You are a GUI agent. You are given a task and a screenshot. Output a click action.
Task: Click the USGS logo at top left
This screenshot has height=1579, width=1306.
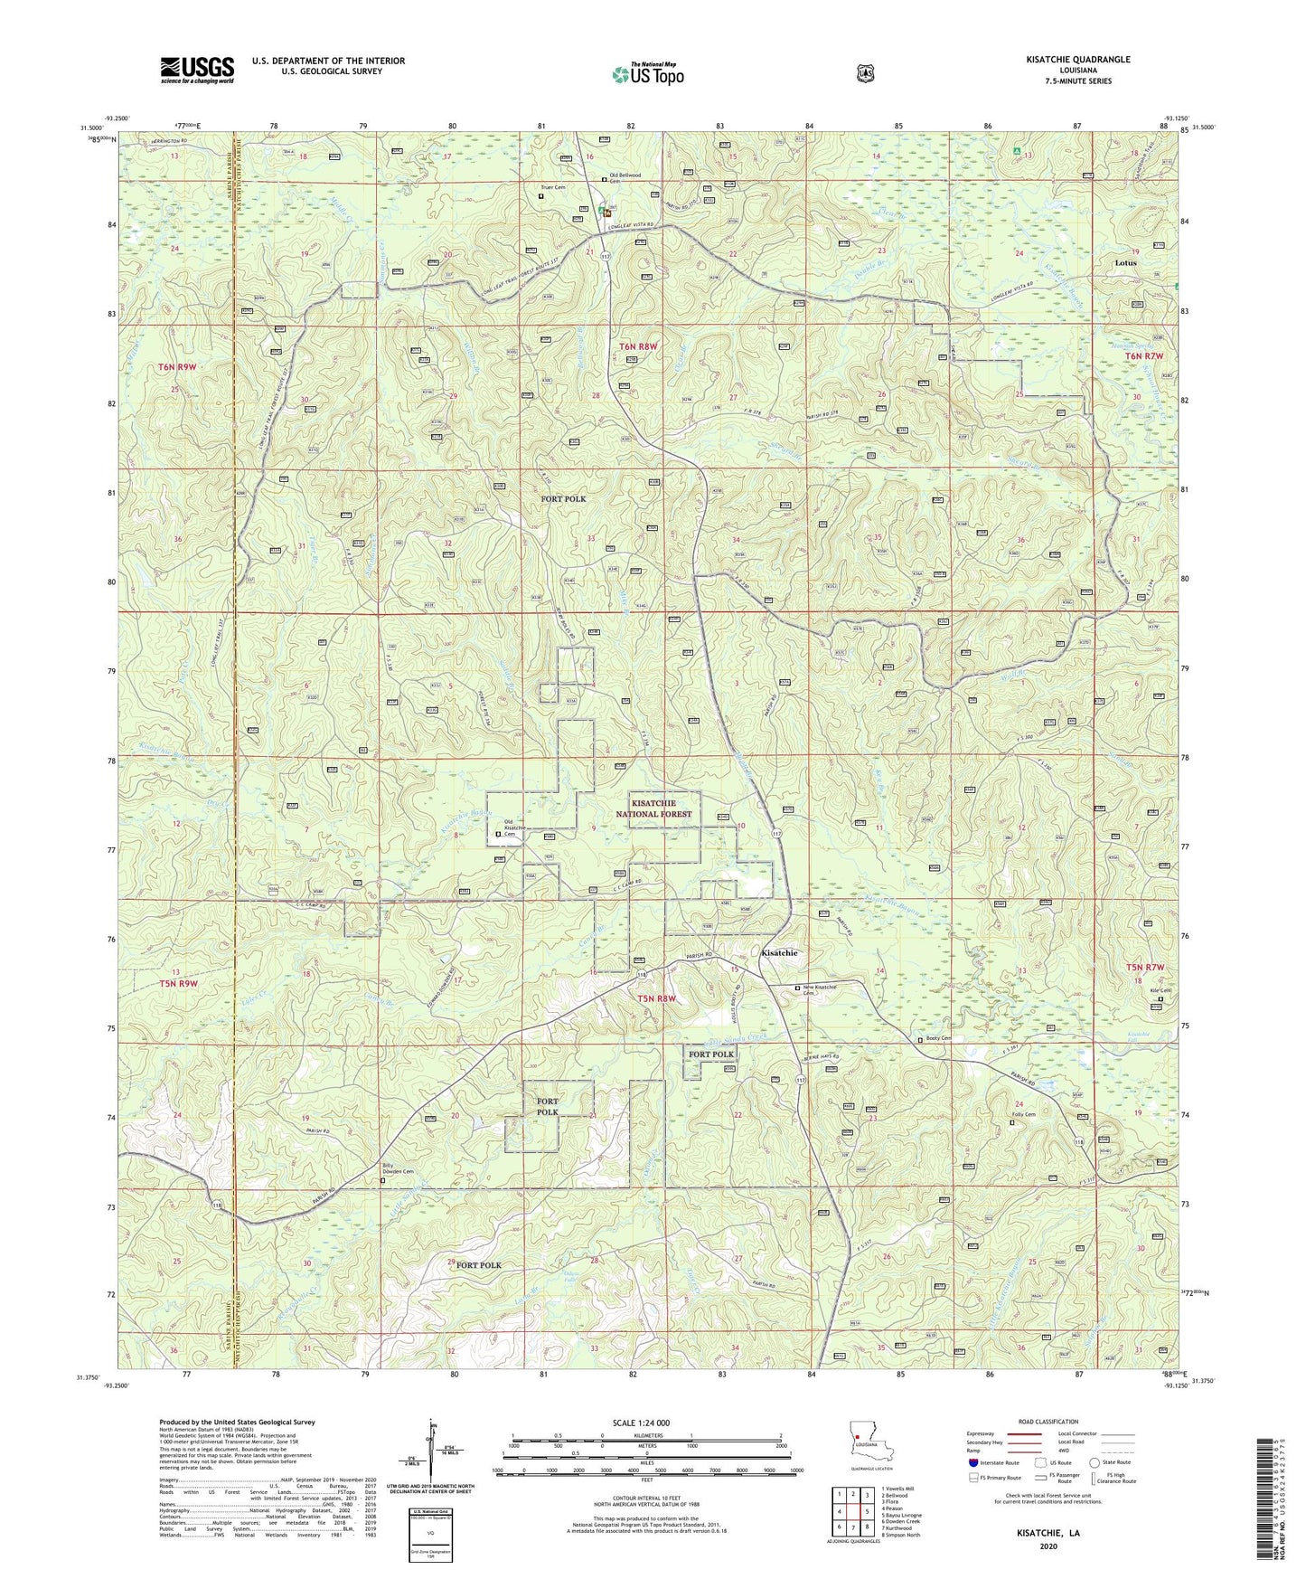(197, 70)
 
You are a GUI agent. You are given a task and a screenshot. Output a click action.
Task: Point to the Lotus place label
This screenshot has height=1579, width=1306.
(1125, 263)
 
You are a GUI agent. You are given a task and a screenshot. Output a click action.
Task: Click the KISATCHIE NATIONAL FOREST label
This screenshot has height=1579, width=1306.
(662, 808)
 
